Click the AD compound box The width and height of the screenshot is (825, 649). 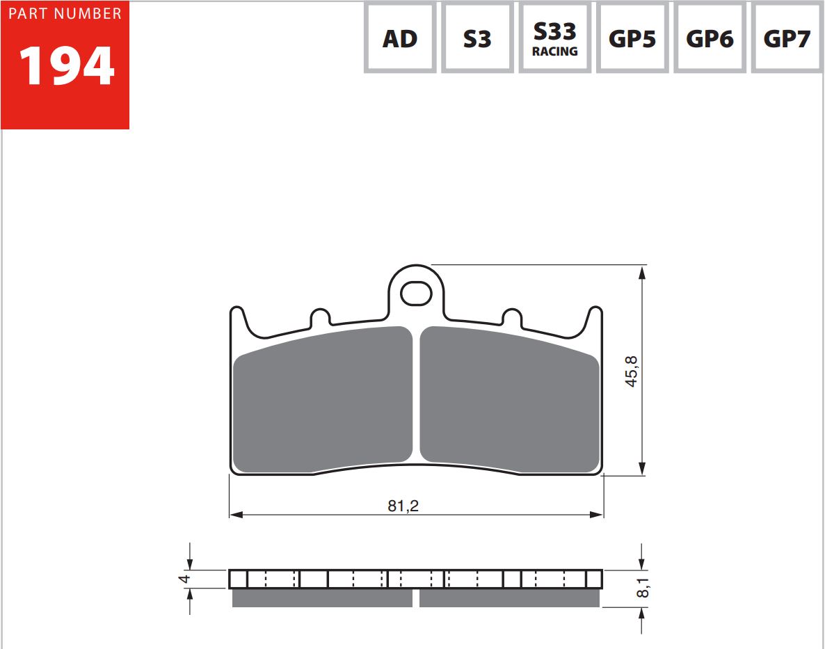(x=400, y=38)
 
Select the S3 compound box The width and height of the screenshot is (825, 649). (x=477, y=38)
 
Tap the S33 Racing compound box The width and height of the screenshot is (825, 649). (x=554, y=38)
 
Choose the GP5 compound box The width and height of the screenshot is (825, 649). (x=632, y=38)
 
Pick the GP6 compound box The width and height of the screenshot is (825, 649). (x=710, y=38)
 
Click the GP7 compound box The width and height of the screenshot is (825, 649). (x=787, y=38)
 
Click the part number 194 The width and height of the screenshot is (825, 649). (x=66, y=66)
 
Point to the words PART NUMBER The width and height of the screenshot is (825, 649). (x=65, y=13)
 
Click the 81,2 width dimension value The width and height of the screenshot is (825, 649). (x=403, y=506)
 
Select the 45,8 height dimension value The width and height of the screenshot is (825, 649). (x=632, y=371)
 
